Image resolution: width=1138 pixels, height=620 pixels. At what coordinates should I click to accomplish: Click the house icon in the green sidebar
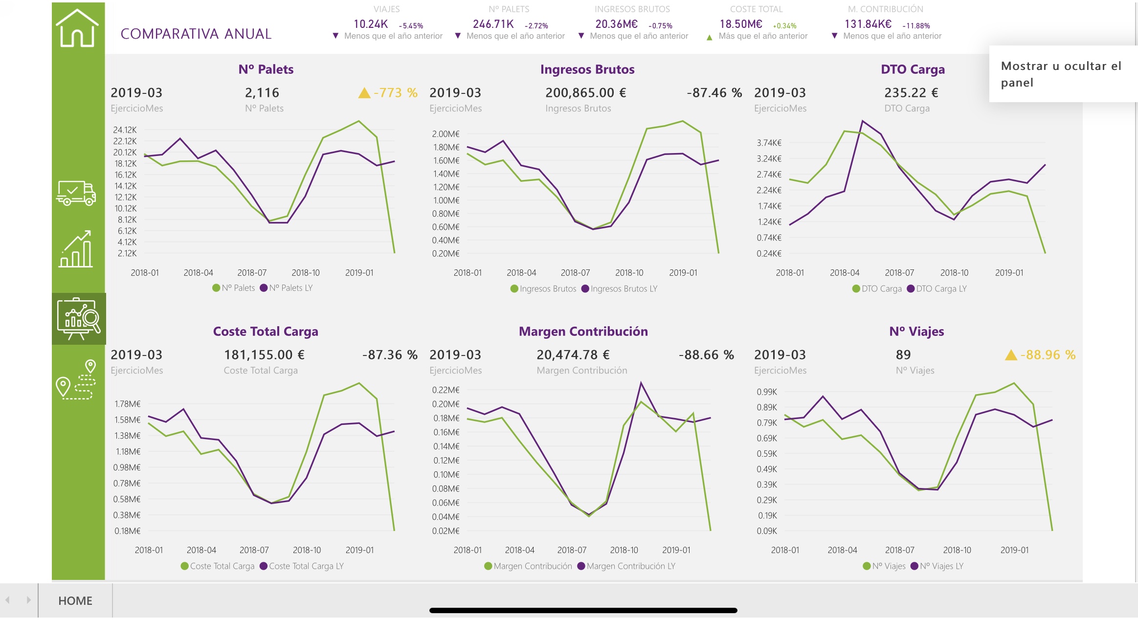[x=77, y=28]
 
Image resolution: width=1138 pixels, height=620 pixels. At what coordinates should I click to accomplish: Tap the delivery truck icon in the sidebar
[x=76, y=193]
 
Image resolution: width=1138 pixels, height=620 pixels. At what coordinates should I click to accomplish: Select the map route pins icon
[x=76, y=380]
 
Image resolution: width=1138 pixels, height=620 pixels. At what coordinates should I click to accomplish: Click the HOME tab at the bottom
[x=75, y=600]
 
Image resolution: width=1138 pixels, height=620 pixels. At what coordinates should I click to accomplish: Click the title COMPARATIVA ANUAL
[x=196, y=34]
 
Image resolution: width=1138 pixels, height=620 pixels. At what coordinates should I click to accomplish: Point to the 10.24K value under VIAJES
[x=371, y=24]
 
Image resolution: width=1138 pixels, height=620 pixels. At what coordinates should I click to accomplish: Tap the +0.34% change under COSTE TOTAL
[x=784, y=26]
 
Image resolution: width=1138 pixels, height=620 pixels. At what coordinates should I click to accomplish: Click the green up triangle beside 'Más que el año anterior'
[x=709, y=37]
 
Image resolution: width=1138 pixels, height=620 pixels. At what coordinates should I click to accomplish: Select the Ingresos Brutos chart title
[x=587, y=69]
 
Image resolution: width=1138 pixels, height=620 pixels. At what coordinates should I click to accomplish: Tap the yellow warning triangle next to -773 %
[x=364, y=93]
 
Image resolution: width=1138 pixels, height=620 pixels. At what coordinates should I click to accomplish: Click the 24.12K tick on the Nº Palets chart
[x=125, y=130]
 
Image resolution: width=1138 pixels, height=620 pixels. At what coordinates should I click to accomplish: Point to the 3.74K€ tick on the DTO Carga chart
[x=769, y=143]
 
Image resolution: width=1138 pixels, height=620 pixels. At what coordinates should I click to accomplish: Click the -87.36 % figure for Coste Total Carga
[x=390, y=354]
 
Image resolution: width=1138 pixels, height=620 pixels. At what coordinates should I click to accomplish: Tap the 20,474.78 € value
[x=573, y=354]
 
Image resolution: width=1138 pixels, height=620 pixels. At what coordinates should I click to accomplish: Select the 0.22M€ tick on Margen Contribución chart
[x=446, y=390]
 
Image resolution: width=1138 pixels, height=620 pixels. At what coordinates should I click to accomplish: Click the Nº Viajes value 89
[x=903, y=354]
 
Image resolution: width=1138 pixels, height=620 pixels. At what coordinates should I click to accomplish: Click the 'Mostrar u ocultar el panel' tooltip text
[x=1061, y=74]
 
